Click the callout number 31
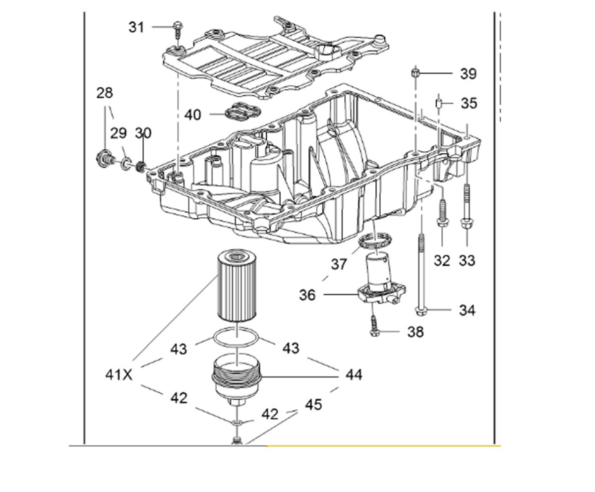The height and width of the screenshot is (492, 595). tap(136, 27)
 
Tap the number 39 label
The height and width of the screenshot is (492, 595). tap(468, 74)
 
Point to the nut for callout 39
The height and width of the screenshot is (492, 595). tap(416, 73)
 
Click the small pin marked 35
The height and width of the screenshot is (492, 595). tap(439, 103)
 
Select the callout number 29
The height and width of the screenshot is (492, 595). tap(119, 133)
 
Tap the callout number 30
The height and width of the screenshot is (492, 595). tap(143, 133)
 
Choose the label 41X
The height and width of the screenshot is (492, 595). tap(119, 375)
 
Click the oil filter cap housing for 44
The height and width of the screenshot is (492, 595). tap(237, 379)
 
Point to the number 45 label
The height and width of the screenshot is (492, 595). tap(313, 405)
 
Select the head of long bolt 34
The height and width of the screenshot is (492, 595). tap(420, 311)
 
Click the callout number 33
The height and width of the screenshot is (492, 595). tap(467, 260)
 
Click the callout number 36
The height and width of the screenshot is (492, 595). tap(307, 295)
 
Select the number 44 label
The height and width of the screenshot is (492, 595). tap(354, 375)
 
